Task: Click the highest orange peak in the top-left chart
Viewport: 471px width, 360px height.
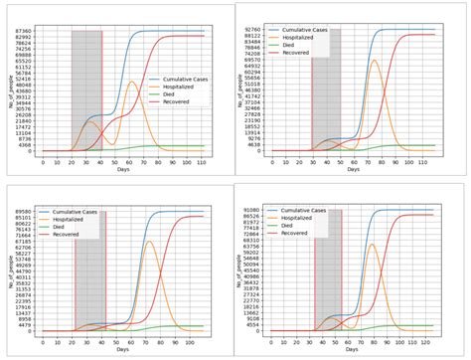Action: pos(133,82)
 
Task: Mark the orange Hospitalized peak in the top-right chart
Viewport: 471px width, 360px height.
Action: pos(374,61)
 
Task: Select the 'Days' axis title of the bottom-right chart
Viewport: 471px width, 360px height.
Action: pos(355,350)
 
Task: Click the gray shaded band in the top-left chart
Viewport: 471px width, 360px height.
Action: pos(85,90)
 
